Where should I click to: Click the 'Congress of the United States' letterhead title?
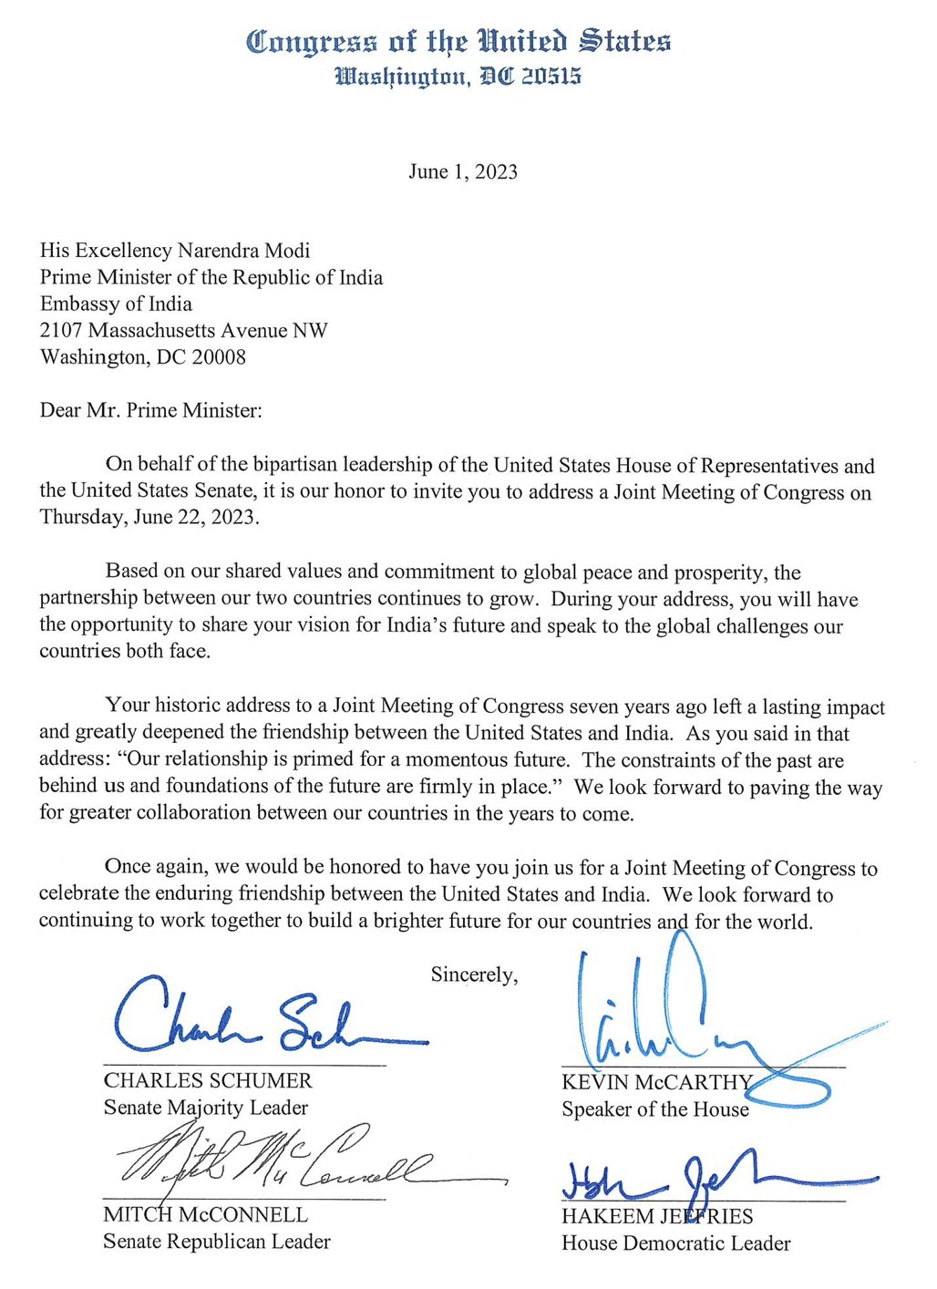[458, 42]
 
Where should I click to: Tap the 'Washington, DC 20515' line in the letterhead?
[458, 77]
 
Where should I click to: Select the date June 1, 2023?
[463, 172]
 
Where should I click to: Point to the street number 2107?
[61, 330]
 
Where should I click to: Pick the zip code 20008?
[219, 356]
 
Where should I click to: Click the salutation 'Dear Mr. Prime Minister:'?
[150, 410]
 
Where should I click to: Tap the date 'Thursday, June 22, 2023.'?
[149, 518]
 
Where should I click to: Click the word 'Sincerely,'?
[474, 974]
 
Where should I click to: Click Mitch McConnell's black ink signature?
[292, 1160]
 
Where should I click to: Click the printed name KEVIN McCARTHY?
[656, 1083]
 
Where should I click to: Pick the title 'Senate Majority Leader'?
[205, 1108]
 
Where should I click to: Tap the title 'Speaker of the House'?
[654, 1109]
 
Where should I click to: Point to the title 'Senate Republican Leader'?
[216, 1242]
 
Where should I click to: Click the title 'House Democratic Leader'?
[675, 1243]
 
